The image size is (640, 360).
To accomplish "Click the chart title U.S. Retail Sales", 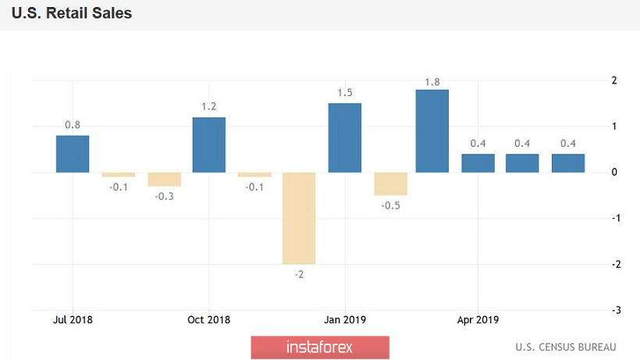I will point(71,14).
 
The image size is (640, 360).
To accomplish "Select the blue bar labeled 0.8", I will point(73,154).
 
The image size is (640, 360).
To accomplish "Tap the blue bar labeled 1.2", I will point(209,144).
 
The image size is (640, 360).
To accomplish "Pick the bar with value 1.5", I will point(345,137).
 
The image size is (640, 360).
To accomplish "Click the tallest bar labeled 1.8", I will point(432,131).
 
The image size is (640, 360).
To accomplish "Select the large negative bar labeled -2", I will point(299,218).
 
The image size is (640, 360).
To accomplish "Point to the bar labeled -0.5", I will point(390,184).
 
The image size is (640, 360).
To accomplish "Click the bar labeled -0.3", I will point(165,179).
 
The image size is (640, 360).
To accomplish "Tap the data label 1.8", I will point(432,80).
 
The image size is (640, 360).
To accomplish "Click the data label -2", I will point(299,274).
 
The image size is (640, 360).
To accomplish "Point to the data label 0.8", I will point(73,125).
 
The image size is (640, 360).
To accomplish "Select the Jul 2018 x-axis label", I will point(73,319).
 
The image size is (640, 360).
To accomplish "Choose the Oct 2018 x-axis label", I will point(209,319).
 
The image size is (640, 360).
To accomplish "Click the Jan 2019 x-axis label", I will point(345,319).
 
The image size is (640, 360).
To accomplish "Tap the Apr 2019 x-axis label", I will point(478,319).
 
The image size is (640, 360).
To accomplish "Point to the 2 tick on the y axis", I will point(614,80).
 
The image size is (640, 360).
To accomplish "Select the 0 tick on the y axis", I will point(615,173).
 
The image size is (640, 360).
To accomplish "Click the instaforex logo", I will point(320,348).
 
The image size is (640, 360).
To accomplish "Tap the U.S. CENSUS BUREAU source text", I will point(566,347).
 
